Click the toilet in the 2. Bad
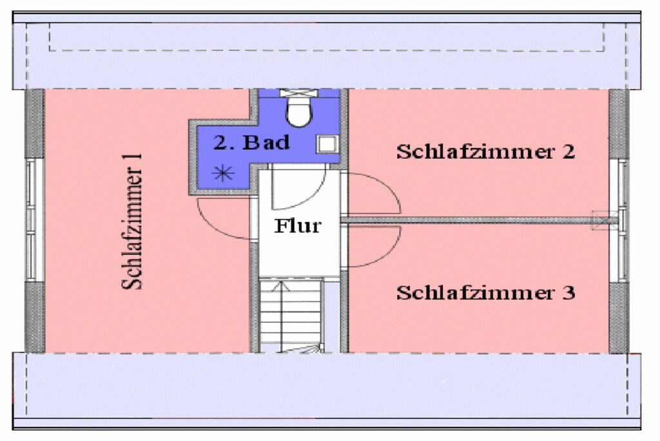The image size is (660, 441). [x=298, y=111]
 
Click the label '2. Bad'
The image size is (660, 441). [x=252, y=143]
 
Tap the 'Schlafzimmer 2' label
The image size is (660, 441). [x=485, y=152]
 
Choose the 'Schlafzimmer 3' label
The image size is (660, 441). [x=485, y=292]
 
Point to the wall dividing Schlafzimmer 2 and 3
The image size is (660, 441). [x=471, y=221]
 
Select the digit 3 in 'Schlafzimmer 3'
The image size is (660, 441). [x=568, y=292]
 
